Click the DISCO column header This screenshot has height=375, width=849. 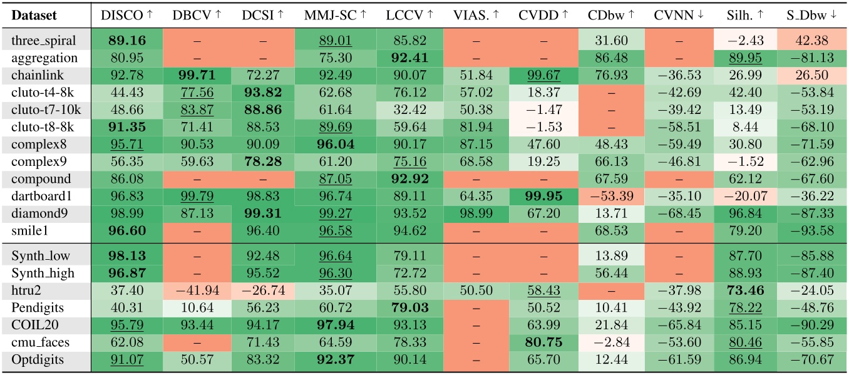pyautogui.click(x=123, y=14)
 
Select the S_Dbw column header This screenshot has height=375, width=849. pyautogui.click(x=812, y=14)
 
